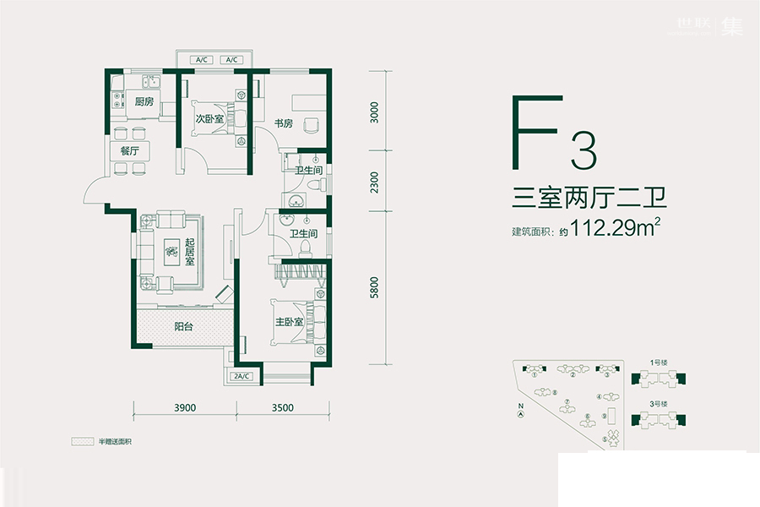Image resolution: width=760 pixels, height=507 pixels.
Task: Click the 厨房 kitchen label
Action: tap(144, 102)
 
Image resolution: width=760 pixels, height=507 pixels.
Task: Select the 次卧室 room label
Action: tap(209, 119)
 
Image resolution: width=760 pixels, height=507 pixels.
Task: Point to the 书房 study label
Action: tap(282, 124)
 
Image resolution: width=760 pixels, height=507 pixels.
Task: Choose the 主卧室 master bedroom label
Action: tap(290, 322)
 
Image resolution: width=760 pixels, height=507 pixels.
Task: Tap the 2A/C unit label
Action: tap(243, 375)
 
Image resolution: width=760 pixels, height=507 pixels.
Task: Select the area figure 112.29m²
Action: tap(615, 228)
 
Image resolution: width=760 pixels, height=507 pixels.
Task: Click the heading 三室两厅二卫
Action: tap(589, 200)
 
